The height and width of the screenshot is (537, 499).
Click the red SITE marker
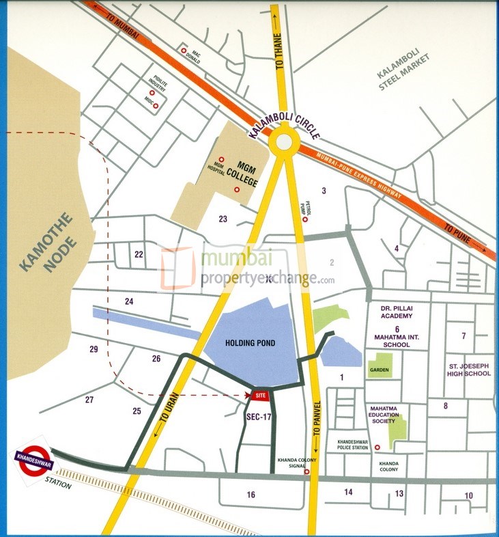click(259, 396)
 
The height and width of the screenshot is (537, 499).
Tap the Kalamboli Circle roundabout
click(281, 143)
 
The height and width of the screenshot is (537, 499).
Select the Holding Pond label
click(253, 343)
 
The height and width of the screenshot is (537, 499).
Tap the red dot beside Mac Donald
click(183, 50)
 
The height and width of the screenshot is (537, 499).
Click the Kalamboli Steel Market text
click(409, 72)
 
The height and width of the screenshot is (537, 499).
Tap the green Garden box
click(379, 370)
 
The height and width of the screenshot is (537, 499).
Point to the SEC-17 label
click(259, 415)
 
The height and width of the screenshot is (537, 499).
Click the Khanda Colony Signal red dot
click(306, 471)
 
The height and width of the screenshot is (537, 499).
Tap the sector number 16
click(251, 494)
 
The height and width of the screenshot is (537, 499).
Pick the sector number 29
click(94, 350)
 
